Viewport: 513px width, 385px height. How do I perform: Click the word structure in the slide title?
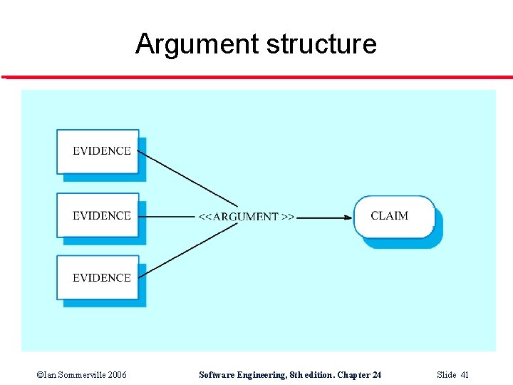321,45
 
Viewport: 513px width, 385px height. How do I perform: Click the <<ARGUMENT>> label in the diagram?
246,217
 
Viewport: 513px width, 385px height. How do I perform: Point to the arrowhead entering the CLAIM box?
348,217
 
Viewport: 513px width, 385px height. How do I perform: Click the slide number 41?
465,375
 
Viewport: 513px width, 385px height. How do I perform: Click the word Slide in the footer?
446,375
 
